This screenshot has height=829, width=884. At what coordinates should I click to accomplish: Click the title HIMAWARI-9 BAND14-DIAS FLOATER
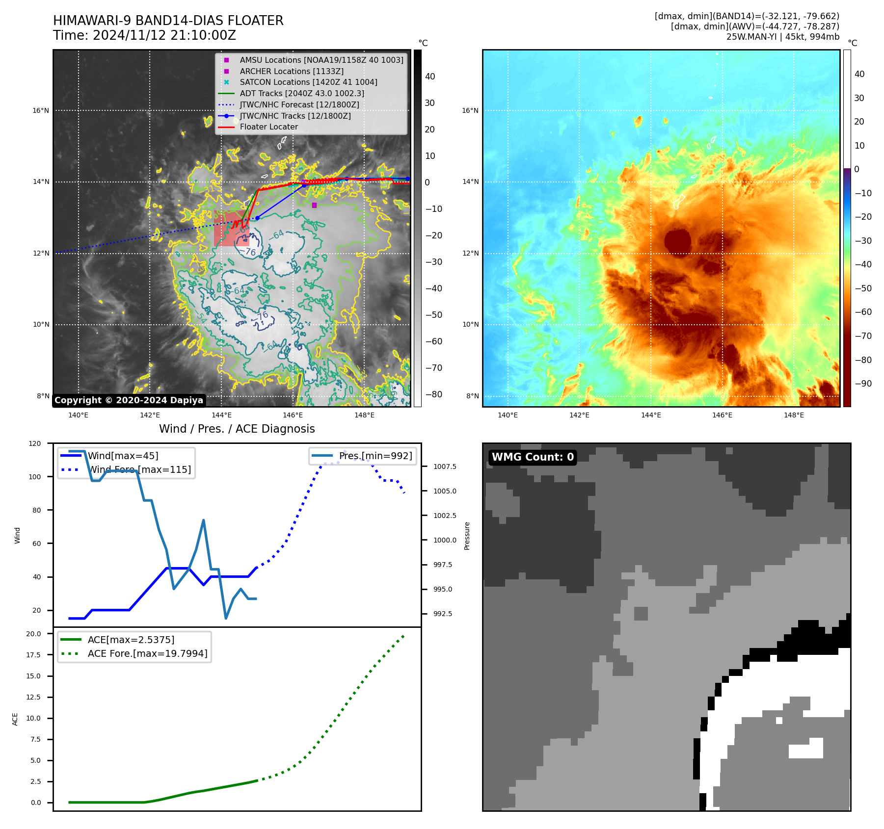168,21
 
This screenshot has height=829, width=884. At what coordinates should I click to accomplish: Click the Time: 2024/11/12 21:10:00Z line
144,35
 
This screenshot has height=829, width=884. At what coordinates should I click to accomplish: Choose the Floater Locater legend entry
268,127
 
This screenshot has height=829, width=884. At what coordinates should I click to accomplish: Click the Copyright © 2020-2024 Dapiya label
129,400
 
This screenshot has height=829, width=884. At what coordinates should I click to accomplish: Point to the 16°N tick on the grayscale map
41,110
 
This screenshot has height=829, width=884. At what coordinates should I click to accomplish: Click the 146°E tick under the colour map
722,415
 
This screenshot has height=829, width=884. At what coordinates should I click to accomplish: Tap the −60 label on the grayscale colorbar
433,341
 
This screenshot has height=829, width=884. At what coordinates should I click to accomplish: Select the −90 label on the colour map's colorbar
863,384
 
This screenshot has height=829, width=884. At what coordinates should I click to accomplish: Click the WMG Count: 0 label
533,457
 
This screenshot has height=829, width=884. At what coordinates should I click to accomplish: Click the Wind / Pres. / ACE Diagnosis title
237,429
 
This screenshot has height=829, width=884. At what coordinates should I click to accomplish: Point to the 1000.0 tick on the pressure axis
445,540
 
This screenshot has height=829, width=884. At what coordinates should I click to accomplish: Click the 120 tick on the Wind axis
35,443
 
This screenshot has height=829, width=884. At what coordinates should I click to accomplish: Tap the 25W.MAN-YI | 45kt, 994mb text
782,37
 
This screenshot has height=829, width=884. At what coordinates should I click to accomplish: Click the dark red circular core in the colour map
678,241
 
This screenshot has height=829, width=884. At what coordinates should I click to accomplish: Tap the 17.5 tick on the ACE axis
33,655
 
